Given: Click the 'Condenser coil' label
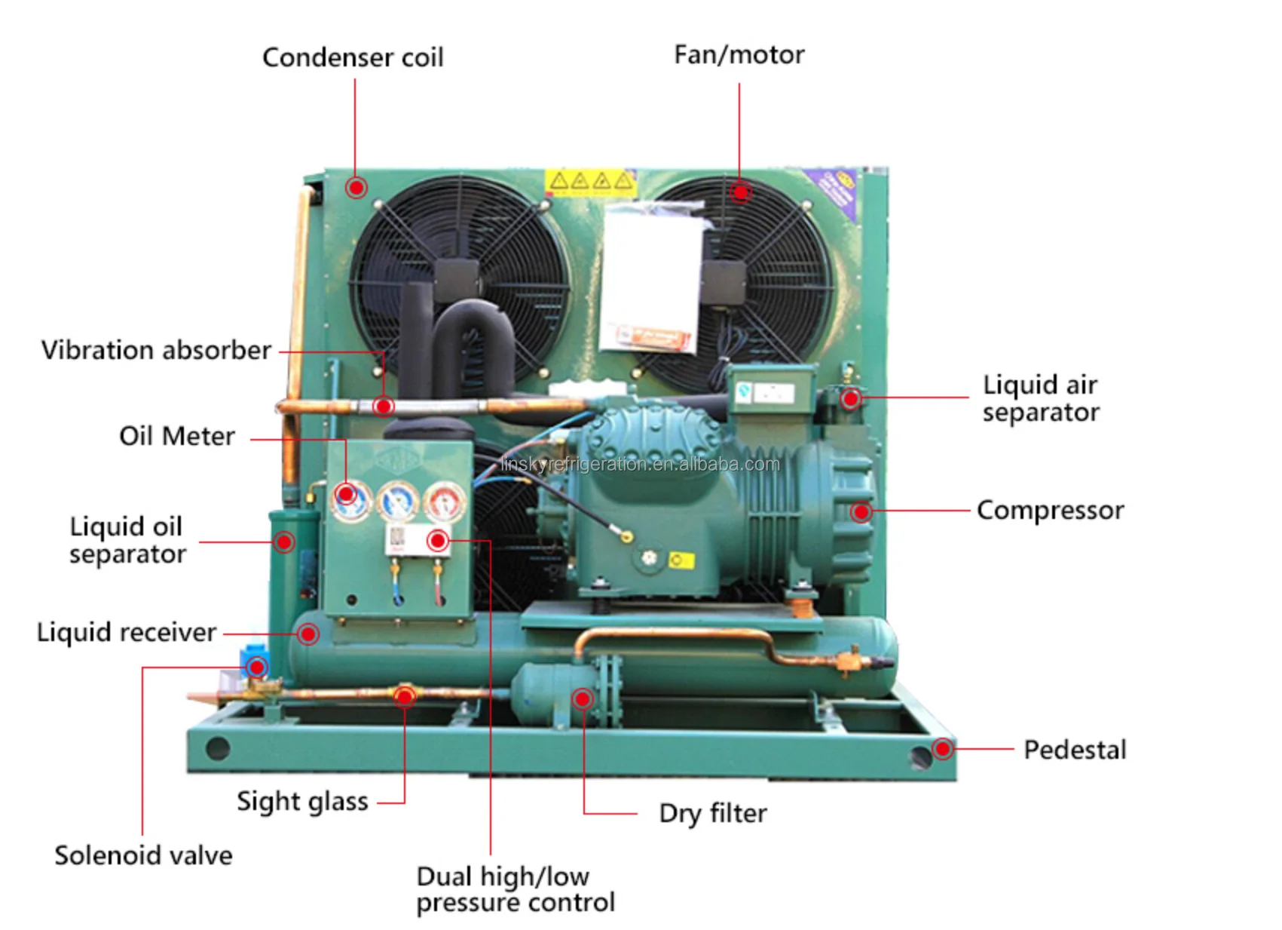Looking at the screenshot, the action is [x=353, y=58].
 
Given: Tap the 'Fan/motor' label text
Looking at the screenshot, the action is [x=739, y=55].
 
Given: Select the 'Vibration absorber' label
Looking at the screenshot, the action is [x=156, y=350].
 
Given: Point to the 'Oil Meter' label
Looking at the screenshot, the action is [x=177, y=436].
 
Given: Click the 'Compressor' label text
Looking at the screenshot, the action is [x=1050, y=511].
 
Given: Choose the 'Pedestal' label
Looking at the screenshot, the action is [x=1075, y=750].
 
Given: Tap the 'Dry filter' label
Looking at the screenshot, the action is [x=712, y=813].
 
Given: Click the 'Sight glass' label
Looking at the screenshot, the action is [x=302, y=801].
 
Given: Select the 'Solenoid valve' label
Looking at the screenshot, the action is [x=143, y=855].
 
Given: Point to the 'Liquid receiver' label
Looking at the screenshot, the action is [x=127, y=632].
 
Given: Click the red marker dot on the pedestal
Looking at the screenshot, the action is [x=942, y=749].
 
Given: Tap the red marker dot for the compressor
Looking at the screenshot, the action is [x=861, y=512].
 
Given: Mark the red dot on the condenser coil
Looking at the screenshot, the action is [x=356, y=187].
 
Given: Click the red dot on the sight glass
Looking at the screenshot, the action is [x=405, y=695].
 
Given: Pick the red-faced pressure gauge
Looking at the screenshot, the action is [x=445, y=501].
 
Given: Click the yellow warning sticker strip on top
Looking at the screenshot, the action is [x=590, y=182].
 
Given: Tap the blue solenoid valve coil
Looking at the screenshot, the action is [x=252, y=658].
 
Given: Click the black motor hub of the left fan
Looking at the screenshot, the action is [x=457, y=279].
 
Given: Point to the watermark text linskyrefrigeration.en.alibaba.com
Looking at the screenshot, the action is [x=640, y=464].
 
